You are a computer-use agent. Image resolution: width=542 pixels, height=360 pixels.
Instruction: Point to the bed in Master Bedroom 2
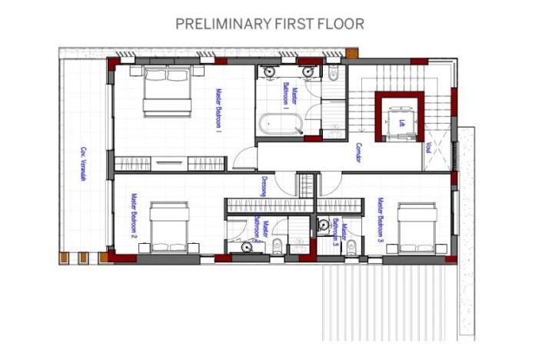tap(170, 227)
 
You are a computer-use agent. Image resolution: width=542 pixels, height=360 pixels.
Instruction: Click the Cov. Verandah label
tap(82, 164)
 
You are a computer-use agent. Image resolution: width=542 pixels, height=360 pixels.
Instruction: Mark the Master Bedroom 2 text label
tap(133, 217)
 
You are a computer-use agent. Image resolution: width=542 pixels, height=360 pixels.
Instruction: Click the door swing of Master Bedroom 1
tap(244, 158)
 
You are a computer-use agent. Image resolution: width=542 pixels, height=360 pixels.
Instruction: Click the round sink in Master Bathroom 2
tap(247, 247)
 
